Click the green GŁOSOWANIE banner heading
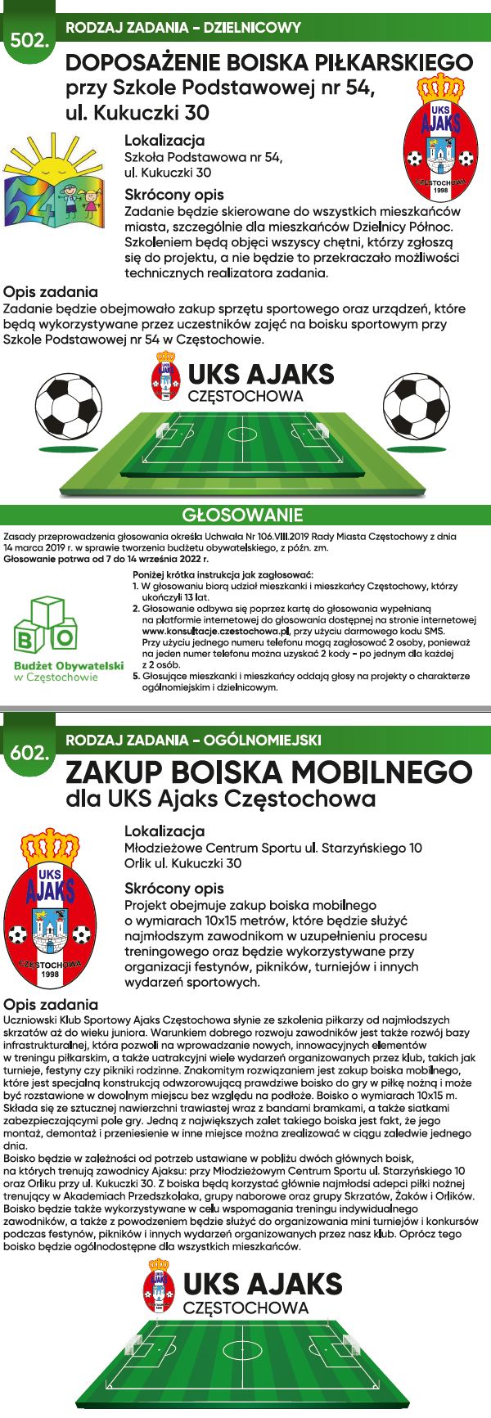pos(242,515)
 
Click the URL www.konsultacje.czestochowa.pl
pos(218,632)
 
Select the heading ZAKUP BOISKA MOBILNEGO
pos(268,772)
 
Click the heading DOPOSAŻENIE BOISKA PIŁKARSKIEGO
pos(268,63)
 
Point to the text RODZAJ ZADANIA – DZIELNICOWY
pos(182,28)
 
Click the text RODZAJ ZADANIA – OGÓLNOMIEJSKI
pos(193,740)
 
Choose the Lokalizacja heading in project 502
pos(164,140)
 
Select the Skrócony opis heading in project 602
pos(173,888)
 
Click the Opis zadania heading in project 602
pos(51,1004)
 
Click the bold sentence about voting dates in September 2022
pos(106,560)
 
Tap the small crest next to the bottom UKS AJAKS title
pos(160,1291)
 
